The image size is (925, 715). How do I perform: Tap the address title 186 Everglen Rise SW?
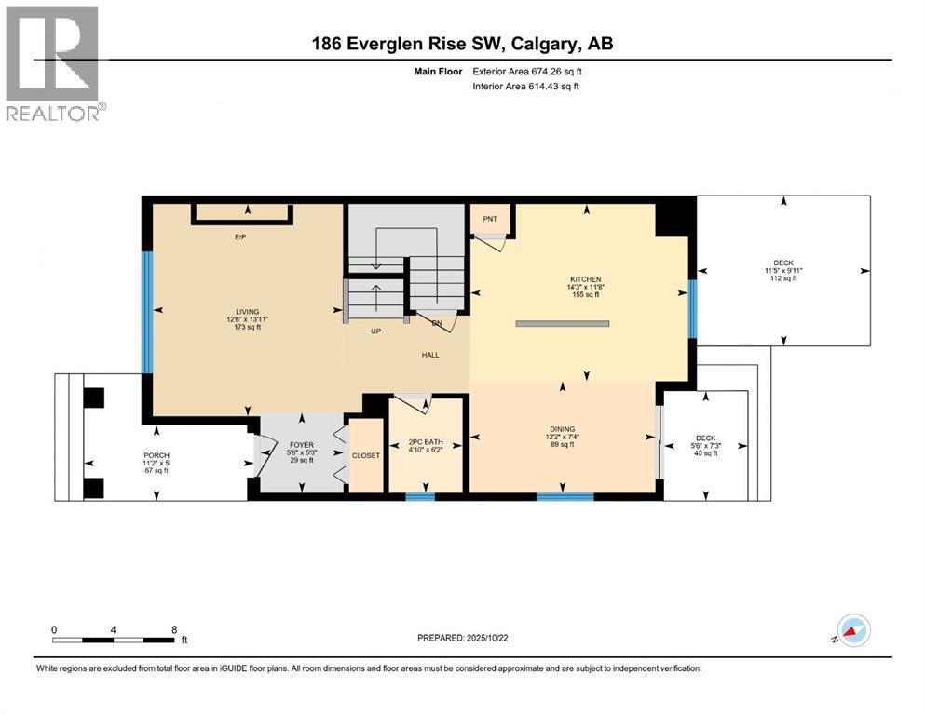462,43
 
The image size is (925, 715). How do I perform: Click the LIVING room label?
247,312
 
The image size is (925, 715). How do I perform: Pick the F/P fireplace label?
239,236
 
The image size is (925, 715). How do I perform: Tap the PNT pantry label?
490,219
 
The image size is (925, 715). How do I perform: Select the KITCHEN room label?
586,279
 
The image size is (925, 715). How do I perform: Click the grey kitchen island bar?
563,324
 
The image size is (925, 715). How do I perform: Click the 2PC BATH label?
424,441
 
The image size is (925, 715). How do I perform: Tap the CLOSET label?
364,456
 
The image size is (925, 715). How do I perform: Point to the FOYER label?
298,445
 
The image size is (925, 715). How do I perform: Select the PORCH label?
156,455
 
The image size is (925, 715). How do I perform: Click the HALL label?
429,354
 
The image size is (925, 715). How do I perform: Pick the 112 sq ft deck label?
783,270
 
